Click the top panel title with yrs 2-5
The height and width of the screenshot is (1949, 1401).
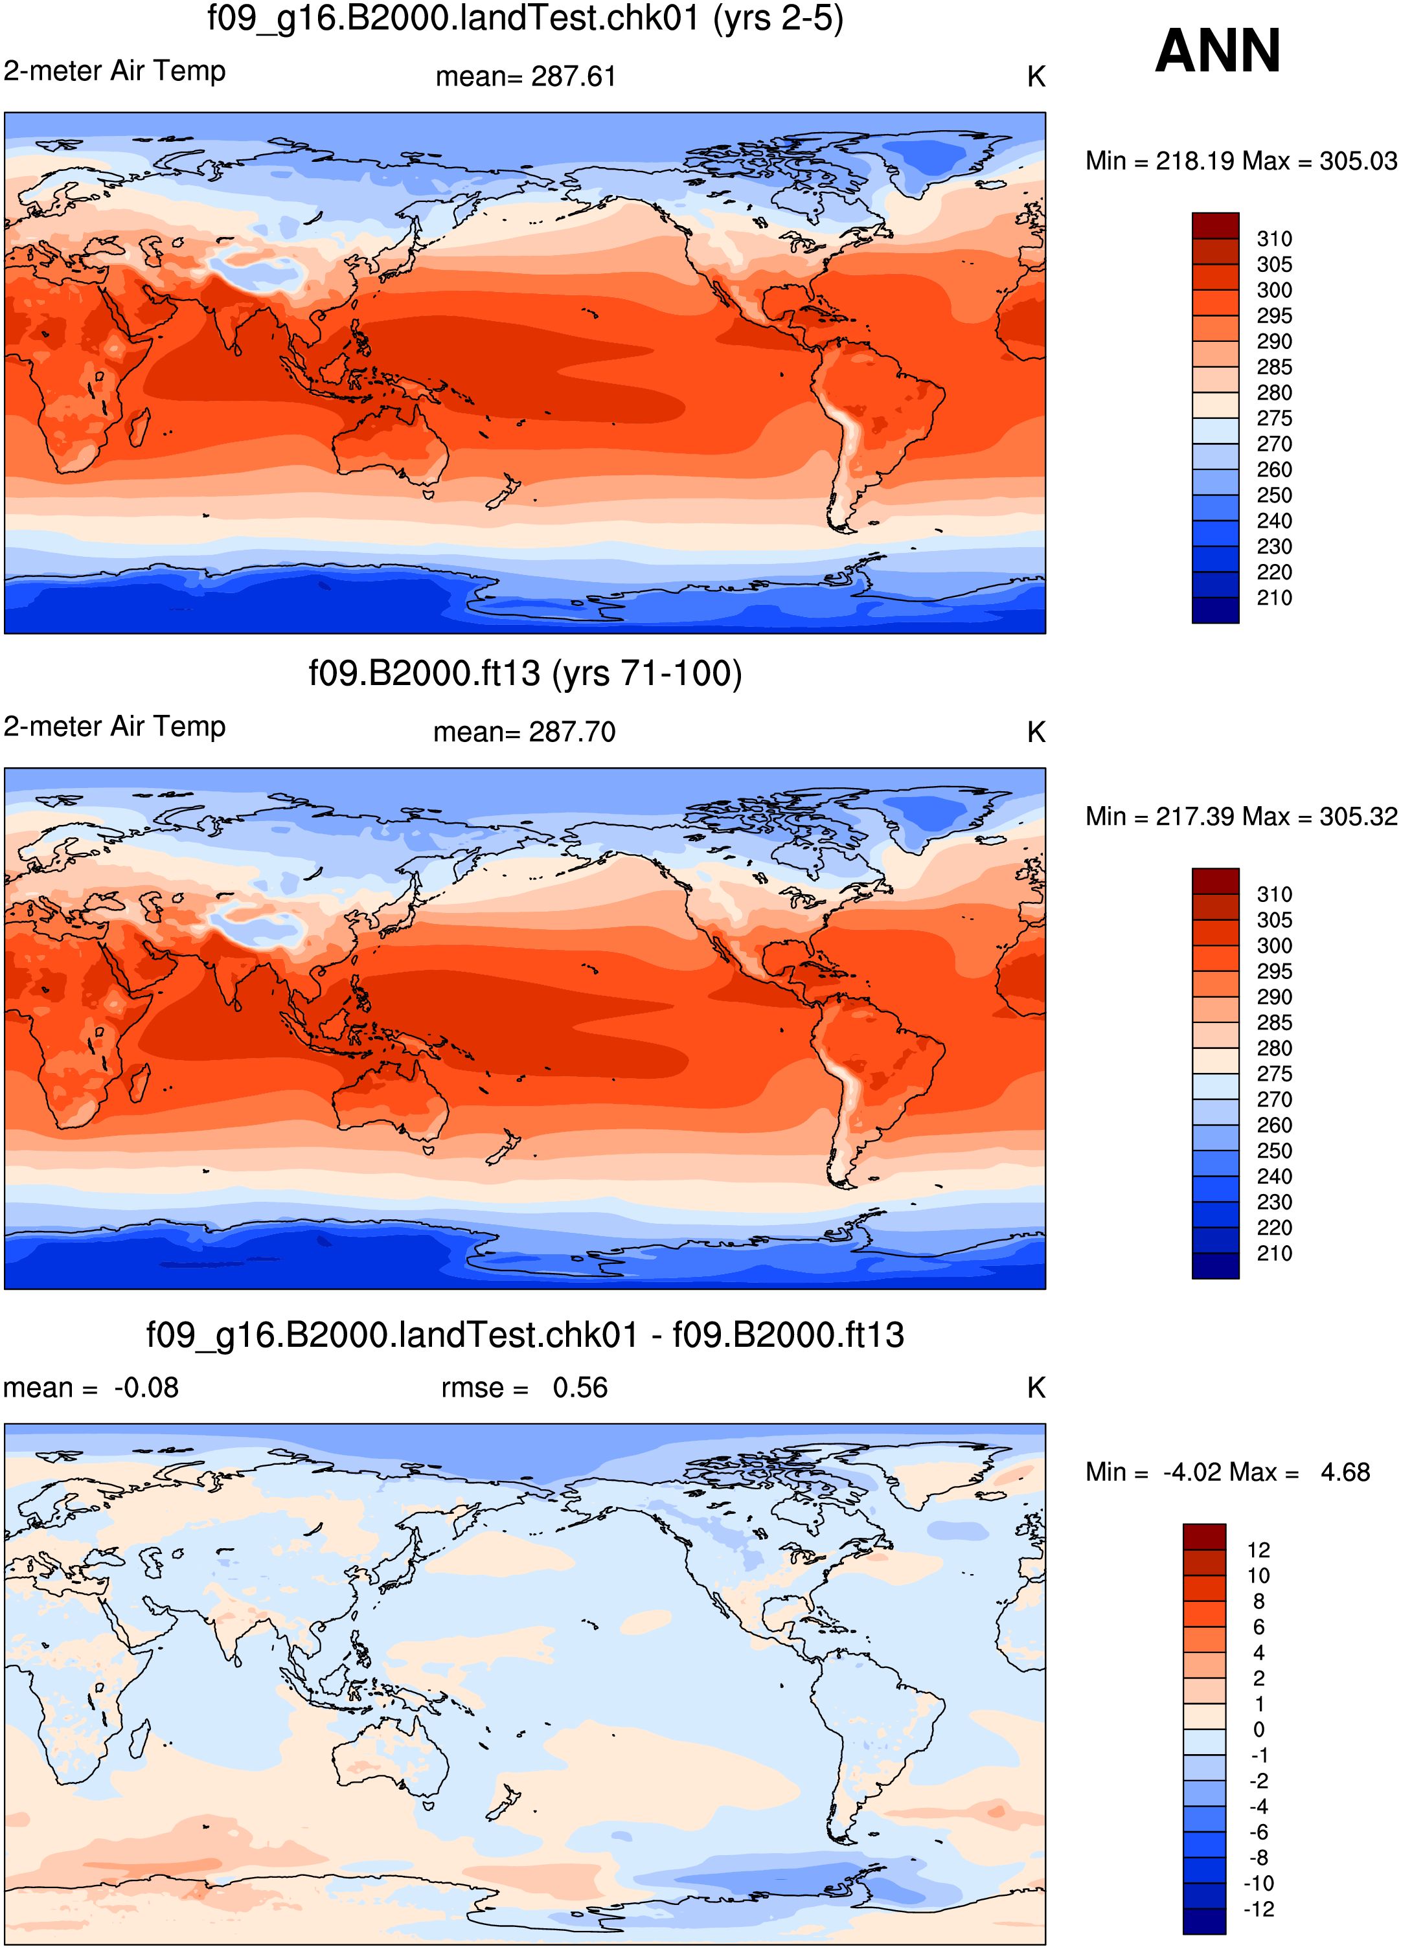(525, 18)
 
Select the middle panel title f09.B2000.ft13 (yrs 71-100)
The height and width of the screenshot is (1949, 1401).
(525, 673)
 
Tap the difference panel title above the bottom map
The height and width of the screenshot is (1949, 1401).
(525, 1335)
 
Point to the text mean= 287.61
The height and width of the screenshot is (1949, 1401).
(526, 76)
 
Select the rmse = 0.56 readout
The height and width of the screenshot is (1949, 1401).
(524, 1388)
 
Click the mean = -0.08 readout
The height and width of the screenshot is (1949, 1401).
(91, 1388)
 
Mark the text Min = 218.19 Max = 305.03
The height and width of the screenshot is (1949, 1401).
(1241, 161)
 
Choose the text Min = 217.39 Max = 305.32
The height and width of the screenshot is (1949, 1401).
(1241, 817)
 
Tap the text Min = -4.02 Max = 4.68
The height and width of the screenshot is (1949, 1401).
(1227, 1472)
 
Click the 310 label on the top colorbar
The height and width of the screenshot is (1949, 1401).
(1274, 239)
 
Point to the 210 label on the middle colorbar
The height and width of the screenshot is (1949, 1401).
(1274, 1254)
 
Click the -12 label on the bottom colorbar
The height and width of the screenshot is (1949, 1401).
(1259, 1910)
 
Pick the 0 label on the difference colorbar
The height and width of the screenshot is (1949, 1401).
(1259, 1730)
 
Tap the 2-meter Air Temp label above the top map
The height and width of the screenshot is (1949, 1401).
(114, 71)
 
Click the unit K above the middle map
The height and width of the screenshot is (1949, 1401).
(1036, 732)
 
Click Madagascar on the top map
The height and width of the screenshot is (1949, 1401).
(139, 433)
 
